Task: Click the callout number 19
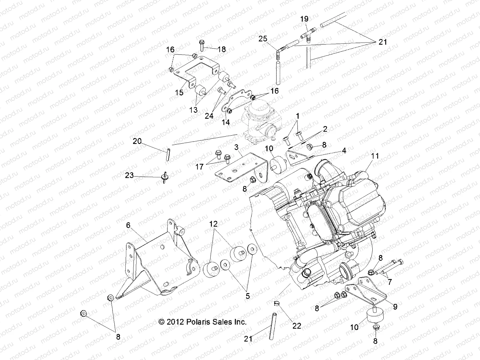304,19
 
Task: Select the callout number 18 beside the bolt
222,49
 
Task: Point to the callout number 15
179,92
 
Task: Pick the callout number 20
137,141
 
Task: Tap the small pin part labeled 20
168,153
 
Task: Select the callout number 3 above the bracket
236,147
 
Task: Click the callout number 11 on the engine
375,156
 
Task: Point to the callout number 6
128,225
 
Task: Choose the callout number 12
222,224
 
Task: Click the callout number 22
296,325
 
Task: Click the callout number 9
395,307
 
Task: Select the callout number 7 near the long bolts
390,282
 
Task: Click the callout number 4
344,151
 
